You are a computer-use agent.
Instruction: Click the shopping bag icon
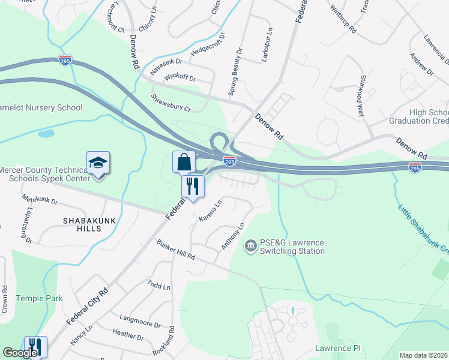(184, 162)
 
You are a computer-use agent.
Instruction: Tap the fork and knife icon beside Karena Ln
(193, 187)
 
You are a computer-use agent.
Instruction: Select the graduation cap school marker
(98, 163)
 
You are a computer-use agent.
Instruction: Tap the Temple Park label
(39, 298)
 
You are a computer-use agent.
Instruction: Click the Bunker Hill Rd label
(176, 250)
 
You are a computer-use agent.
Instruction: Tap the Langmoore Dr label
(140, 323)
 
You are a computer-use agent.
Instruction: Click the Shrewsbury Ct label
(170, 103)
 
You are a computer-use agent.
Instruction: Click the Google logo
(20, 353)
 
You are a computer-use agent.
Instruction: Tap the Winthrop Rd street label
(343, 19)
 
